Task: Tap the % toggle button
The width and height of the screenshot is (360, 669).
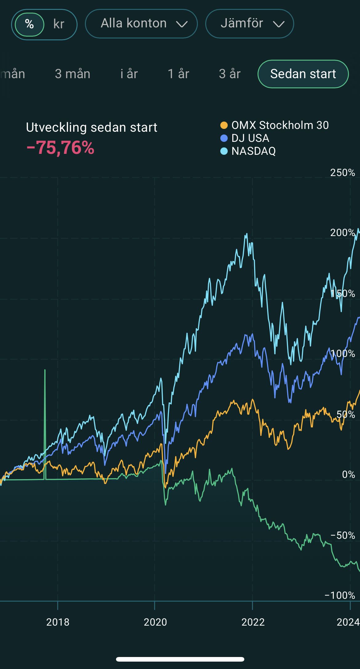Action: [30, 24]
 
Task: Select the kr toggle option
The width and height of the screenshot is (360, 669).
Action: [59, 24]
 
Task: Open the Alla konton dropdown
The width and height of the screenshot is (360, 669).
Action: [141, 24]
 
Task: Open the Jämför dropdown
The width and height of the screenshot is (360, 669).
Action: [250, 24]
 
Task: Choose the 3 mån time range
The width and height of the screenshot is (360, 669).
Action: [73, 74]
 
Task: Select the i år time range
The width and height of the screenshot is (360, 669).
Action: [129, 74]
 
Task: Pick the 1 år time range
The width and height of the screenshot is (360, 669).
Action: [178, 74]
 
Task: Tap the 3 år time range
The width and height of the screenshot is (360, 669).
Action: [230, 74]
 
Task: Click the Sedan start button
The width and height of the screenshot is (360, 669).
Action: [303, 74]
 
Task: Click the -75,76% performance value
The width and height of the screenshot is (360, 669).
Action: [60, 148]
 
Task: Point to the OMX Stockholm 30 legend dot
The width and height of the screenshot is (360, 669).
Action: [224, 125]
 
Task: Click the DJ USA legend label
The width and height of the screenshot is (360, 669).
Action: [250, 138]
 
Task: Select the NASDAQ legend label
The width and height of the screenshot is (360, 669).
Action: [254, 151]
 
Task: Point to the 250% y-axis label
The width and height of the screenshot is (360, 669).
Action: [342, 173]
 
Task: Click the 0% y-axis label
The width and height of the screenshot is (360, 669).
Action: [349, 474]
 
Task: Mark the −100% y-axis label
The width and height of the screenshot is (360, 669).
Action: [340, 595]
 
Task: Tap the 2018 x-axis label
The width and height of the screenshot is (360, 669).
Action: [58, 622]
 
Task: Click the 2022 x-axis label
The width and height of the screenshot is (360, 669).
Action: [253, 622]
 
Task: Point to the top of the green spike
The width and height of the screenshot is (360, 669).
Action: [45, 370]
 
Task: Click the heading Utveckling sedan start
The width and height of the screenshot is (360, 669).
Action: [92, 127]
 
